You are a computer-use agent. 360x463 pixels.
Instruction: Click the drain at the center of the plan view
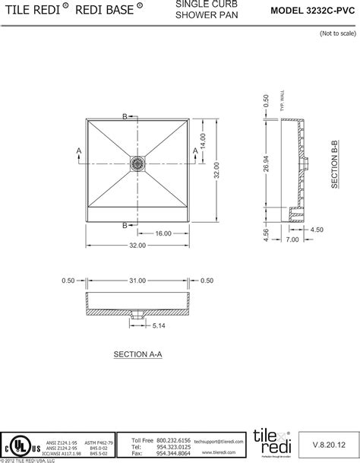[x=137, y=162]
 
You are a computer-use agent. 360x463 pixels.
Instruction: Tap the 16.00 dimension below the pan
[x=163, y=233]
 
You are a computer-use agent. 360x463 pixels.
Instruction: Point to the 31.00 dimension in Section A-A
[x=137, y=281]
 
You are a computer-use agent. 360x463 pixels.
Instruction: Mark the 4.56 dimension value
[x=265, y=236]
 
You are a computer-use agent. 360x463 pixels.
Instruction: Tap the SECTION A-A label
[x=137, y=355]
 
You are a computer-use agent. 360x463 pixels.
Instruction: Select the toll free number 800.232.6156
[x=175, y=440]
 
